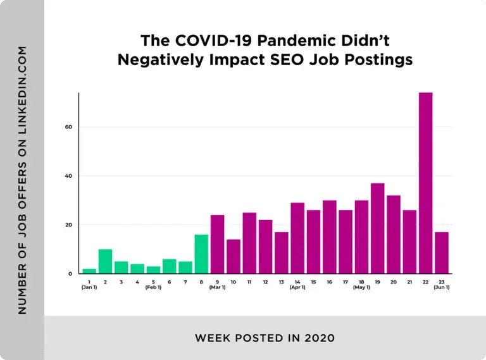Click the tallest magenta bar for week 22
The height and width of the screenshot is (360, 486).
(x=426, y=183)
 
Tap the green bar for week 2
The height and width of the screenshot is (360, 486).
(x=105, y=261)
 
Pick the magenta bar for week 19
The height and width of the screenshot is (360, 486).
(x=378, y=228)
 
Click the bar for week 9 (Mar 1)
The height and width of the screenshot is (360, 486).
(x=218, y=244)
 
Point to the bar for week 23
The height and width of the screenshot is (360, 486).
(x=442, y=253)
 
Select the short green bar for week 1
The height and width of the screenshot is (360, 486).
(x=89, y=271)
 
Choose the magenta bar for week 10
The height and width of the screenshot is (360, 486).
(x=234, y=257)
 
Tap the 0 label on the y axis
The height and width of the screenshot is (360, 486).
(x=70, y=274)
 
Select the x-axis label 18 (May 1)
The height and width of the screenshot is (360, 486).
(x=361, y=284)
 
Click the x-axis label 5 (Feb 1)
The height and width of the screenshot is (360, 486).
(x=153, y=284)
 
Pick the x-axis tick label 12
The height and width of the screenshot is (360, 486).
(x=265, y=282)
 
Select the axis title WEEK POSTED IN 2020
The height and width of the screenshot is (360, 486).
(x=265, y=337)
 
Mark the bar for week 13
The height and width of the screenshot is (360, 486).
(x=282, y=253)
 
